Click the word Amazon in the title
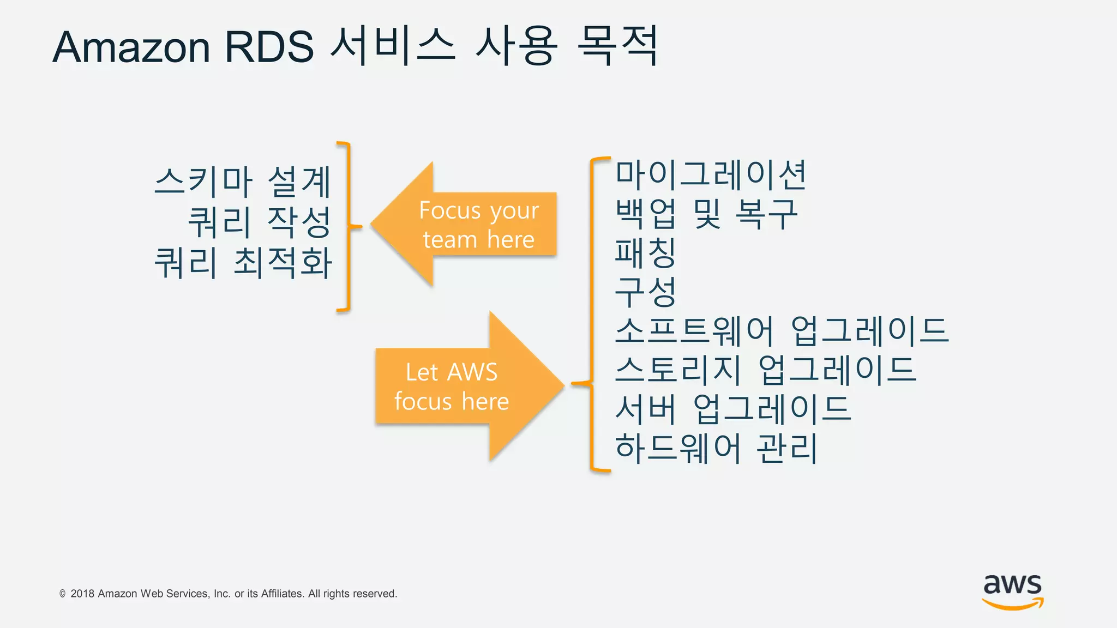131,47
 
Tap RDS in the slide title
269,47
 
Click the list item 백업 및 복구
706,214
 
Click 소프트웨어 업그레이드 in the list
782,330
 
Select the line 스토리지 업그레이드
765,370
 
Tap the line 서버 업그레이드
732,409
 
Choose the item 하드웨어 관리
716,448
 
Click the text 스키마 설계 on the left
243,182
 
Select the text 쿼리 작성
260,222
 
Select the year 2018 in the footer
82,594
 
